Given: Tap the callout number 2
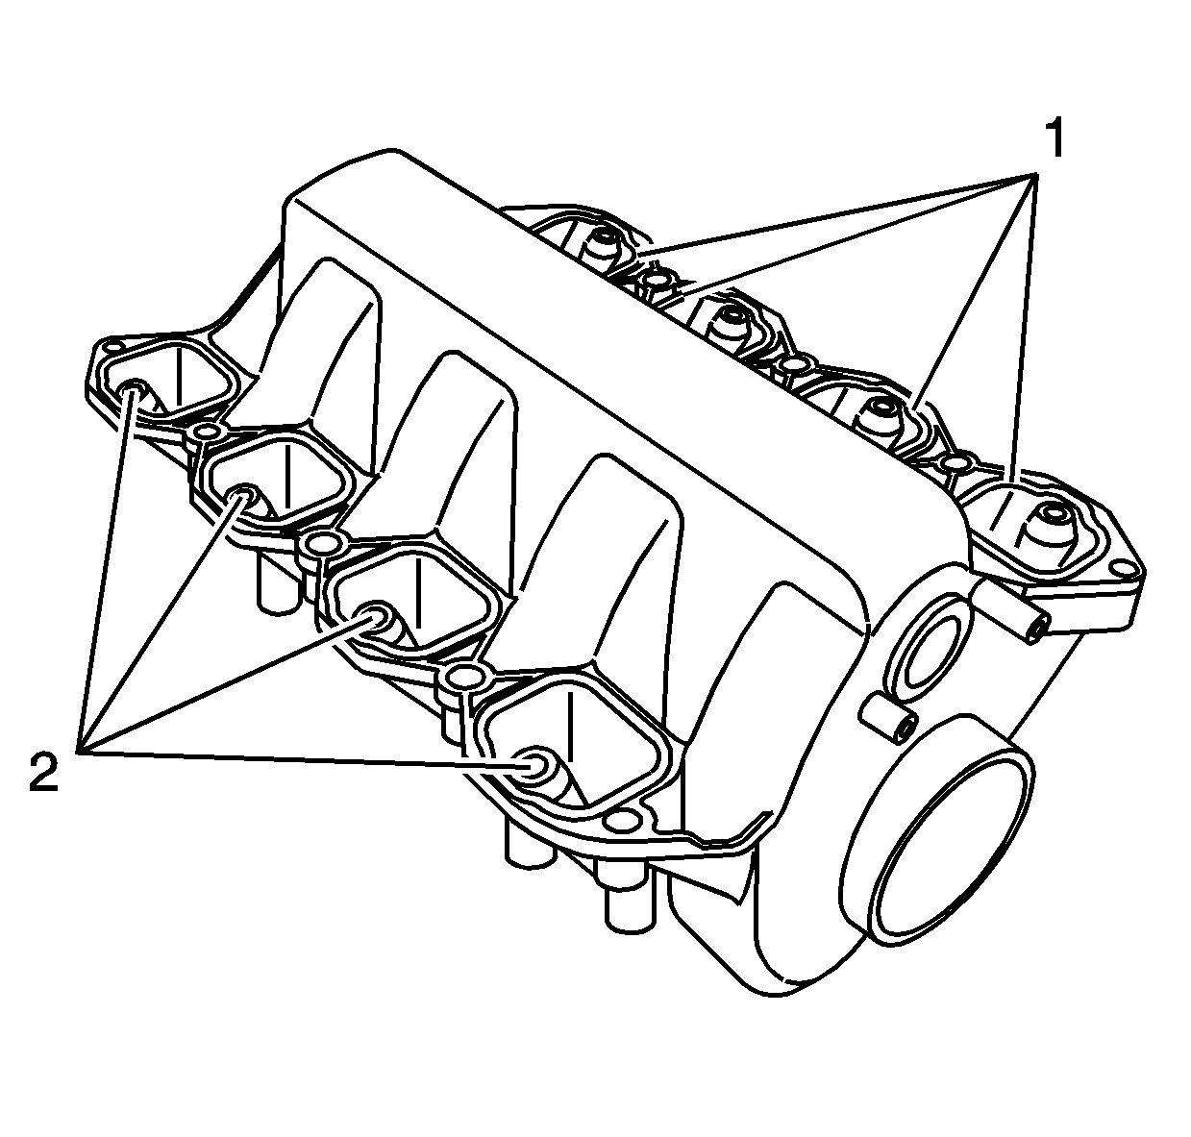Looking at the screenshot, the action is coord(43,773).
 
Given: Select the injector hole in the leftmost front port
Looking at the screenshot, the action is coord(134,389).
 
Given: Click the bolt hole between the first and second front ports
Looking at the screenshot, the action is coord(205,433).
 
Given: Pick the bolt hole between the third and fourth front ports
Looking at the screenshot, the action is coord(462,678).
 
